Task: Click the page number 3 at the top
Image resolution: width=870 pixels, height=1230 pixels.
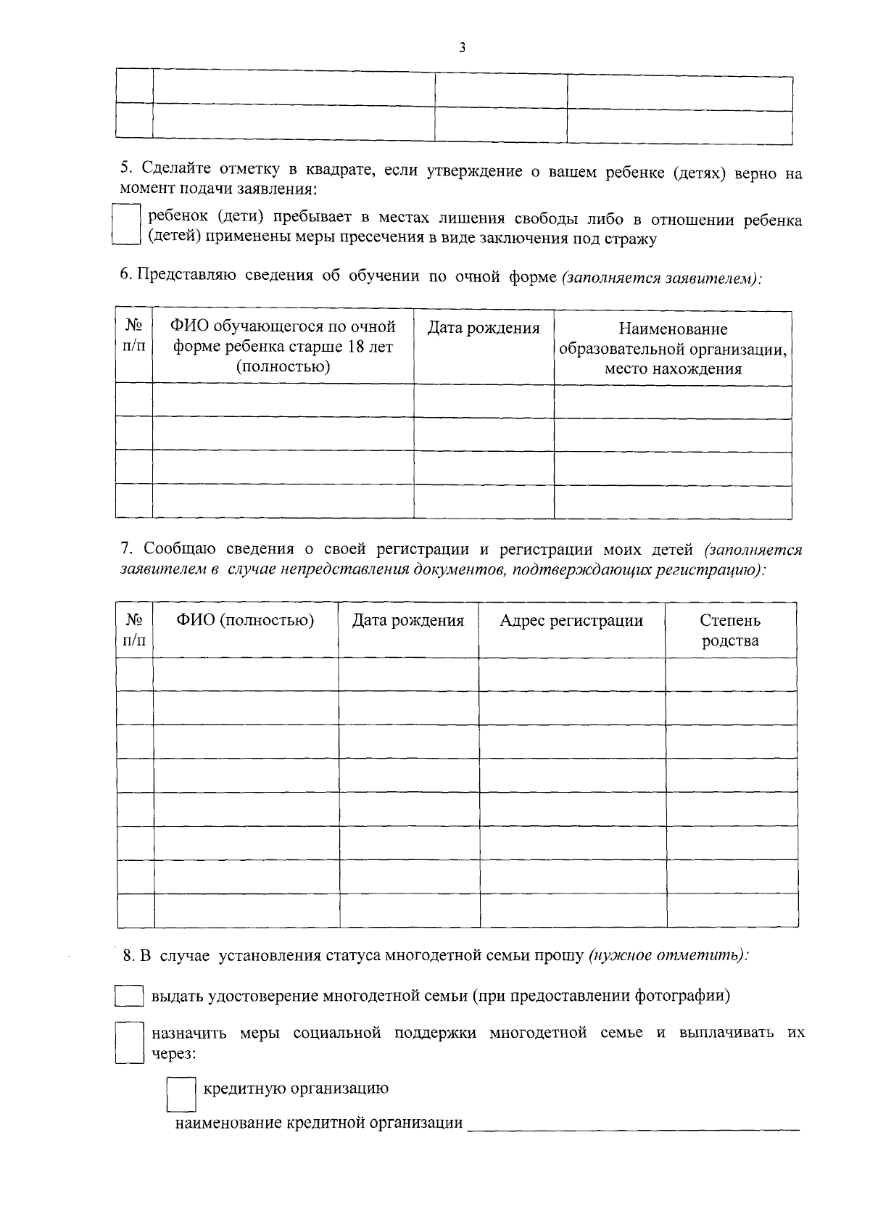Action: (462, 48)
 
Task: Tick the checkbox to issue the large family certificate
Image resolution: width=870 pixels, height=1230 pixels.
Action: (129, 996)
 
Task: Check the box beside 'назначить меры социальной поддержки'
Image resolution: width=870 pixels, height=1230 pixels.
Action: (129, 1042)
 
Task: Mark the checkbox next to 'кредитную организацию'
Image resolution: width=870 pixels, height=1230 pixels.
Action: (181, 1094)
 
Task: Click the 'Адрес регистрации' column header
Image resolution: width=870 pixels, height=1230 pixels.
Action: (571, 621)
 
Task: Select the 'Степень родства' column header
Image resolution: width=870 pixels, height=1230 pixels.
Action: (730, 630)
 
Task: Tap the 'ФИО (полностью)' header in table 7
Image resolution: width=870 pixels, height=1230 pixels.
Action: (245, 621)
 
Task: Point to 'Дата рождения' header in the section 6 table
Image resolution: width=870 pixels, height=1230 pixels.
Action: (484, 329)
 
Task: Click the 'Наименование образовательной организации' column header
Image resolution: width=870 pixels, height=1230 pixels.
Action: (673, 349)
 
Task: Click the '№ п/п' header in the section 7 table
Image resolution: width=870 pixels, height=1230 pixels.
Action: (135, 630)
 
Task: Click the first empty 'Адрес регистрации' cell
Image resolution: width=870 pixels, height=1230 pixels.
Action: (571, 674)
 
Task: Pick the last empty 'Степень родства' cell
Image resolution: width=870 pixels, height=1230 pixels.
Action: (731, 911)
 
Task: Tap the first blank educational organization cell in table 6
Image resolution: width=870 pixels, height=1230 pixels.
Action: (673, 401)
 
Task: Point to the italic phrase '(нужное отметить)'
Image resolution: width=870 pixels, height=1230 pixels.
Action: (668, 956)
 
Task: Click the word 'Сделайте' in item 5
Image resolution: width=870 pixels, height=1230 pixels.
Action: (176, 170)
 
